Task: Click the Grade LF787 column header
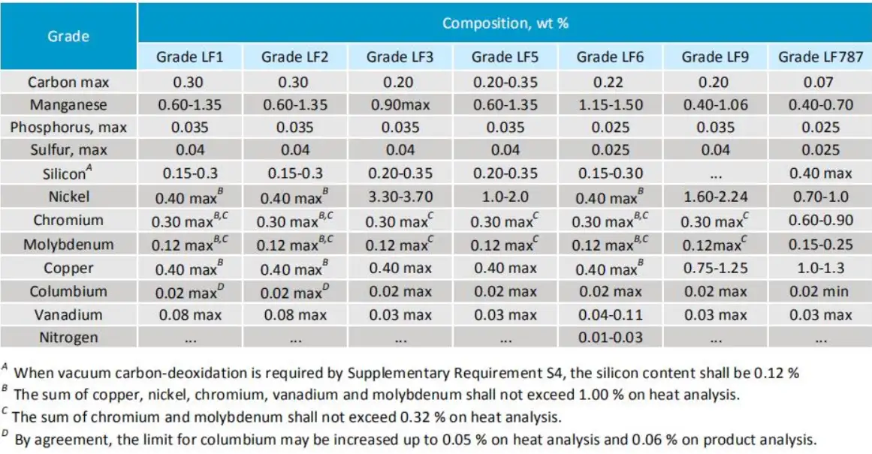click(820, 57)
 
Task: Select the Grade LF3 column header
click(400, 57)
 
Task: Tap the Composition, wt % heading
click(505, 23)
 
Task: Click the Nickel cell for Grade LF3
click(400, 197)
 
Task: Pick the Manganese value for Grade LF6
click(610, 104)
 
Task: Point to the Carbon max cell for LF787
click(820, 82)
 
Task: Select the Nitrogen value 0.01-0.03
click(610, 337)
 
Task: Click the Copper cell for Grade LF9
click(714, 268)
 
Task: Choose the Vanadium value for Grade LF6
click(610, 314)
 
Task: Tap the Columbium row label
click(68, 291)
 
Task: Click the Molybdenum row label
click(68, 245)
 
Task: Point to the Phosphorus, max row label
click(68, 128)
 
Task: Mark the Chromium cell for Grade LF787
click(820, 221)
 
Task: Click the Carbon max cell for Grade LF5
click(505, 82)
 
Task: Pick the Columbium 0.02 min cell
click(820, 291)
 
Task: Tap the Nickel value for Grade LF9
click(714, 197)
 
